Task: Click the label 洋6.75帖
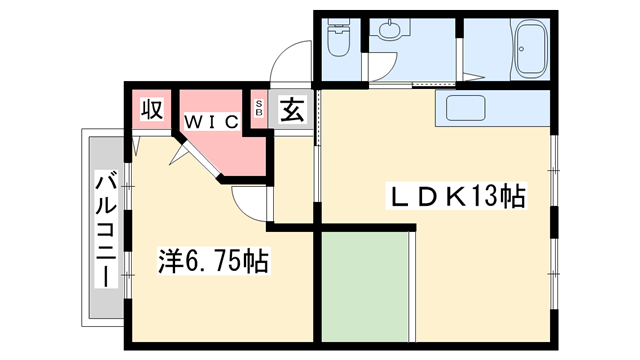pos(213,262)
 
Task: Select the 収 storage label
pos(152,109)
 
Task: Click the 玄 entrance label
pos(291,109)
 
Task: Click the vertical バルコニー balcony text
pos(105,231)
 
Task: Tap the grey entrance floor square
pos(291,110)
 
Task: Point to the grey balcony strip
pos(105,230)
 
